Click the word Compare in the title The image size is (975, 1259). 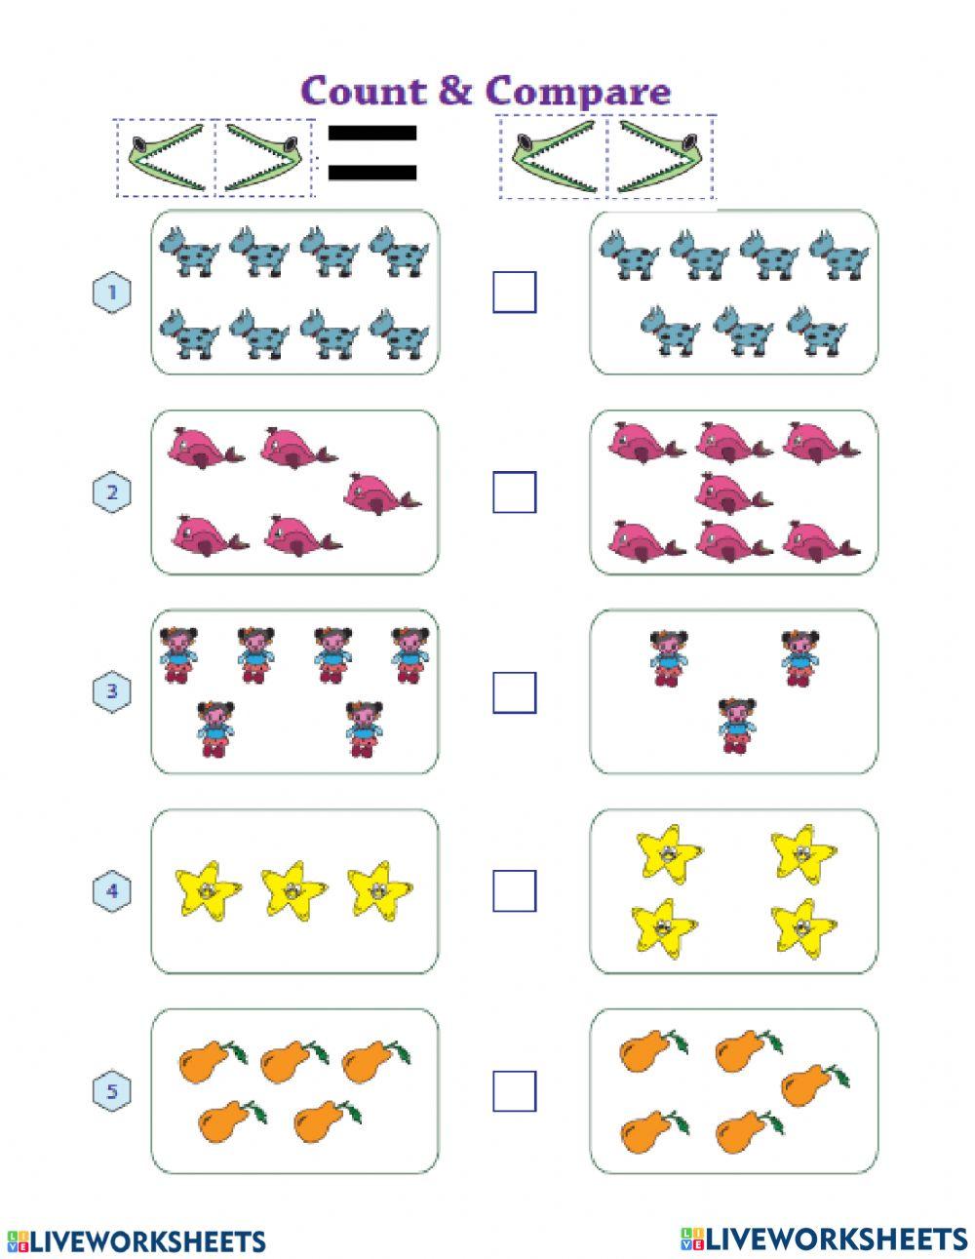(x=577, y=91)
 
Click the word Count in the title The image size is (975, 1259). (x=364, y=91)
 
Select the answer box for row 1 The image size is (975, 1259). (x=514, y=292)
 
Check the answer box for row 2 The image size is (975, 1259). (x=514, y=492)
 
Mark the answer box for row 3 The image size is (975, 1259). (x=514, y=692)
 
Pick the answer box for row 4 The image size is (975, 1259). (x=514, y=890)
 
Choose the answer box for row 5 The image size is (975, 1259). (x=514, y=1090)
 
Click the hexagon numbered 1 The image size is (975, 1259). (x=111, y=292)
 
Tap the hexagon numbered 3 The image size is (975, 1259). (x=111, y=692)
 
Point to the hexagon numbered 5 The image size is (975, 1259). (x=111, y=1091)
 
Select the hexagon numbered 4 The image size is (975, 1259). (x=111, y=891)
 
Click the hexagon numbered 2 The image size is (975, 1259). (x=111, y=492)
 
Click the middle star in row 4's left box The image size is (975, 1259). (x=293, y=888)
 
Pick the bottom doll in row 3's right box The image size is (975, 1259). (x=737, y=725)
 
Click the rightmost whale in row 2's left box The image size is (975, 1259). (x=378, y=492)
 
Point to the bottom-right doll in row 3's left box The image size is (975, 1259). (x=364, y=728)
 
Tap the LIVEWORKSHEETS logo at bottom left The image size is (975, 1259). (x=136, y=1240)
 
